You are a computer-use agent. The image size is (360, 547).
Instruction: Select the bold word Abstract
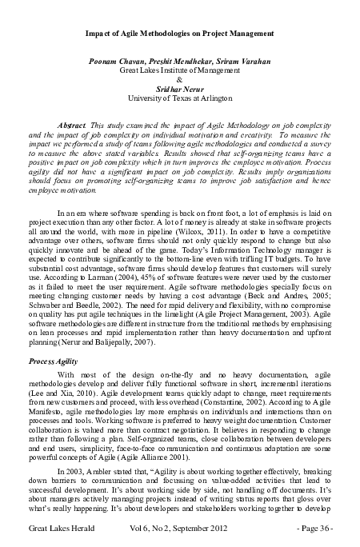pyautogui.click(x=77, y=128)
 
